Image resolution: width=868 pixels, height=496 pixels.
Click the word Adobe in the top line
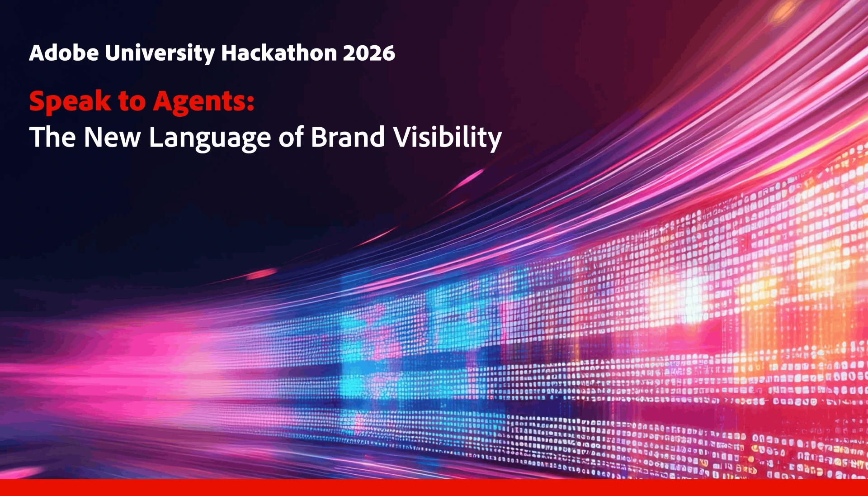click(x=64, y=53)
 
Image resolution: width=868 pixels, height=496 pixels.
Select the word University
click(x=160, y=54)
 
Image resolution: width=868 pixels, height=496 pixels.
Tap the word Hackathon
click(x=279, y=53)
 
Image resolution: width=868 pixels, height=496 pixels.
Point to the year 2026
click(x=369, y=53)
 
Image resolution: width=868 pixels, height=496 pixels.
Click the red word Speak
click(x=70, y=102)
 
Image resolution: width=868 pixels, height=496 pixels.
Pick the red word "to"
click(x=132, y=102)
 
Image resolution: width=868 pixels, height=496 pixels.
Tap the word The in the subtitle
click(x=52, y=137)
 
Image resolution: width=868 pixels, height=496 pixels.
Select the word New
click(x=112, y=137)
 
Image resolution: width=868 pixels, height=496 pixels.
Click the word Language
click(x=210, y=139)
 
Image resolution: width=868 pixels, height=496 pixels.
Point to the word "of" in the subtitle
click(x=291, y=137)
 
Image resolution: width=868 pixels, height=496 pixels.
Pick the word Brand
click(x=348, y=137)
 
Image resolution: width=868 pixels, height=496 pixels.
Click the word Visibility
click(x=447, y=138)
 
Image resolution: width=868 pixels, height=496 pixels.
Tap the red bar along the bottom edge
click(x=434, y=487)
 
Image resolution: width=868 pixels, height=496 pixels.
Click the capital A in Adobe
click(x=37, y=53)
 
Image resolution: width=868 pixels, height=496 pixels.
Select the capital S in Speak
click(x=38, y=101)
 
